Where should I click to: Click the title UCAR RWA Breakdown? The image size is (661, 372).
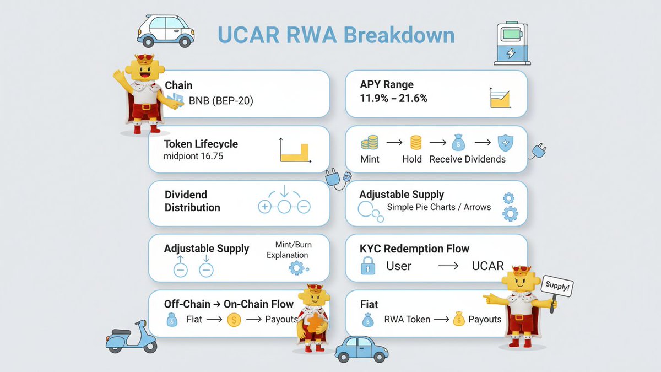[x=336, y=35]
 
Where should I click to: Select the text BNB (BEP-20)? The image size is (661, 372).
[x=220, y=101]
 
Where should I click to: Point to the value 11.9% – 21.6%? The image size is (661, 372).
[x=393, y=98]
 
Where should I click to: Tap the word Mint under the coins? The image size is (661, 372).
[x=370, y=159]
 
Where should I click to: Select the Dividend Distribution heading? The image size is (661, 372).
[x=192, y=201]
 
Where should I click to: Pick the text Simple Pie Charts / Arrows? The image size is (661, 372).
[x=438, y=207]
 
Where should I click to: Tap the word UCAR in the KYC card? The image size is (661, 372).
[x=487, y=266]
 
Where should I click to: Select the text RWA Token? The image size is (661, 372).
[x=407, y=319]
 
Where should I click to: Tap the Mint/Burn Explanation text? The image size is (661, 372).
[x=288, y=250]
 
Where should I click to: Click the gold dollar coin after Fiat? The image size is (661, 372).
[x=234, y=320]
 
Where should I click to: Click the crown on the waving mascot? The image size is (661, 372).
[x=145, y=58]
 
